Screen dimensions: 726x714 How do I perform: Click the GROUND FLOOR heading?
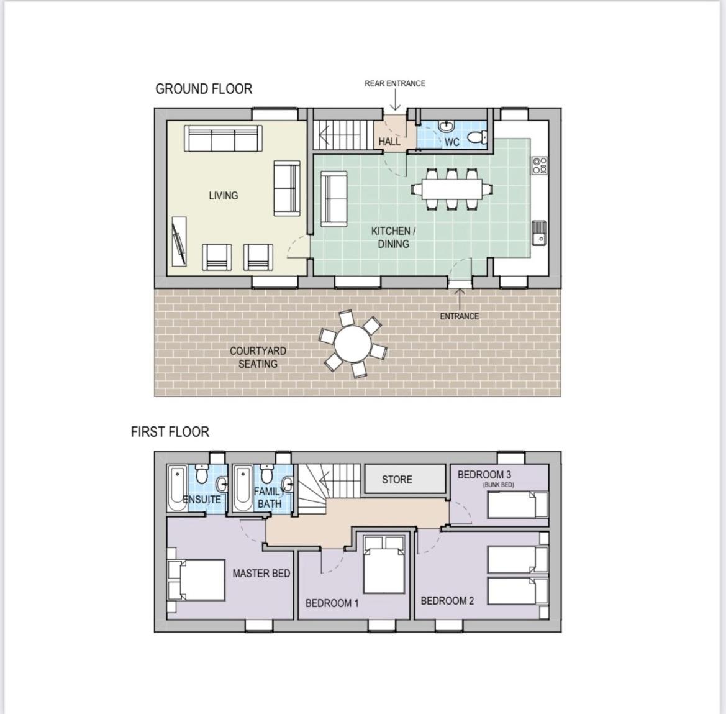tap(204, 88)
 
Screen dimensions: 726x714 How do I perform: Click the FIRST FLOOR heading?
tap(170, 432)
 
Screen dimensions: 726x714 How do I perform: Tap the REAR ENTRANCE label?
tap(395, 83)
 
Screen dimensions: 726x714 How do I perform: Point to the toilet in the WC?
tap(477, 137)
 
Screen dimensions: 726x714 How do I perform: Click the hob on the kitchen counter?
tap(540, 165)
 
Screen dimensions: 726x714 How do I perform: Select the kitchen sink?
tap(539, 233)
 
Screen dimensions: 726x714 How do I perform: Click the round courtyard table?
tap(353, 344)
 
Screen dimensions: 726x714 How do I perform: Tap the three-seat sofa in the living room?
tap(223, 138)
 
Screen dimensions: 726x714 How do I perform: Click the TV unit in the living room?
tap(179, 241)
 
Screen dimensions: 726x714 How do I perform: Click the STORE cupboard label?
tap(397, 480)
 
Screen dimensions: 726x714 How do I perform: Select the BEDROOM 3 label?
tap(484, 475)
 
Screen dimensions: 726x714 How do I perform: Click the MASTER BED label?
tap(261, 574)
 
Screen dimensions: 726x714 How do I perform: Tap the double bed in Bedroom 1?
tap(384, 564)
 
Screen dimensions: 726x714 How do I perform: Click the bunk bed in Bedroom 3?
tap(518, 505)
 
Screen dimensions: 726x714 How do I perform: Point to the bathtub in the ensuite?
tap(178, 488)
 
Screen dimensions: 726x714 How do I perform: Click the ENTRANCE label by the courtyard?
tap(460, 316)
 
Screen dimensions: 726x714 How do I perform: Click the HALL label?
tap(389, 141)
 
